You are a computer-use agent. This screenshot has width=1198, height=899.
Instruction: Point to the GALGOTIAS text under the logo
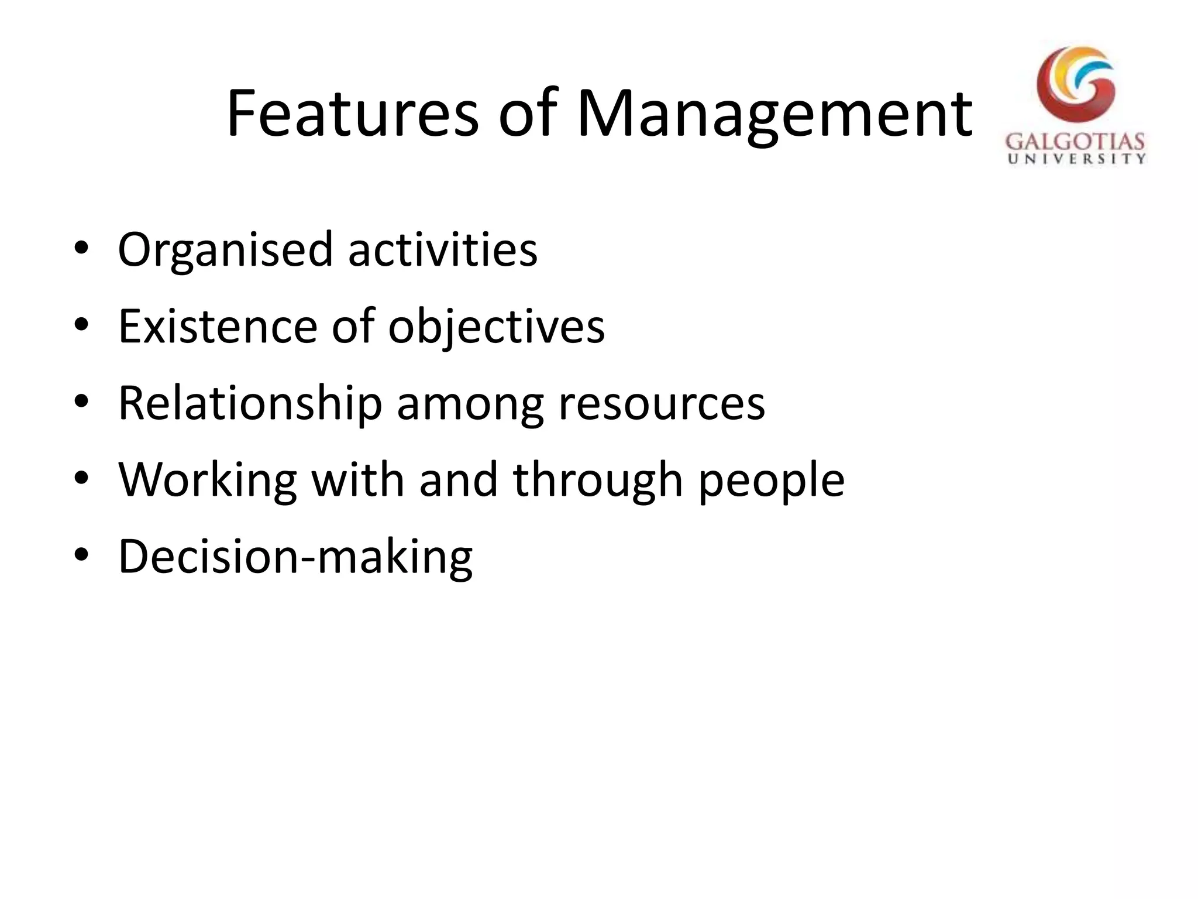click(x=1075, y=142)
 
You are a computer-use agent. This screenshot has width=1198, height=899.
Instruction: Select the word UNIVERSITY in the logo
click(x=1076, y=159)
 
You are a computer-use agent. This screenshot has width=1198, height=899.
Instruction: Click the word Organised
click(x=225, y=251)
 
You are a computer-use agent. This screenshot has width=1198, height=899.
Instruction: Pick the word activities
click(x=443, y=249)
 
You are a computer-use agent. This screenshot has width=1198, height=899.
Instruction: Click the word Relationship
click(x=250, y=404)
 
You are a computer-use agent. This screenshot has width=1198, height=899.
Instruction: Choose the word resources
click(x=661, y=404)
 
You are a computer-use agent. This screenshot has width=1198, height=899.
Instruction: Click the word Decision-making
click(x=295, y=557)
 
